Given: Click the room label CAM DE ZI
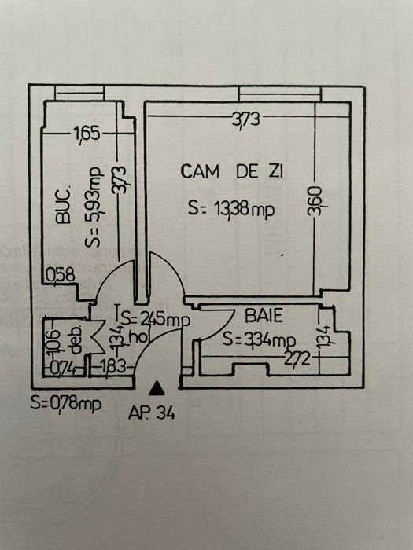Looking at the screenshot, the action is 231,172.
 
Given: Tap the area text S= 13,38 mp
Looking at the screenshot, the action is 231,209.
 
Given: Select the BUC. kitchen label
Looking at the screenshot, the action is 64,206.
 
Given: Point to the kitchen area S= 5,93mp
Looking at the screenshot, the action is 94,206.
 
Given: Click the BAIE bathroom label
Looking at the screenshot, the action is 264,316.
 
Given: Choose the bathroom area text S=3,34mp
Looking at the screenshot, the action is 259,340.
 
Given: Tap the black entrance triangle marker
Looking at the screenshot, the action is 157,389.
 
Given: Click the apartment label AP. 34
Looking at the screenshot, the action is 151,412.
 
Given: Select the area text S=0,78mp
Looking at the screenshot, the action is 65,402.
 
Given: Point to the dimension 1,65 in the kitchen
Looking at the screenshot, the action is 87,134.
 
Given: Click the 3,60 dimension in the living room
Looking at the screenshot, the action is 315,201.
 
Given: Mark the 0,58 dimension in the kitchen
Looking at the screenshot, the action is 61,275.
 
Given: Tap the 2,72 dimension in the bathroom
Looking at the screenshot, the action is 297,358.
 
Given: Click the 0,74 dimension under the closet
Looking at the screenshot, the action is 62,368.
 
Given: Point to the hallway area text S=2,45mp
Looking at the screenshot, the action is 156,320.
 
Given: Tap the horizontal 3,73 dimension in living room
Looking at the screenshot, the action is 245,119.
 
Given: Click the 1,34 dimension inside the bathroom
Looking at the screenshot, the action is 324,337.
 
